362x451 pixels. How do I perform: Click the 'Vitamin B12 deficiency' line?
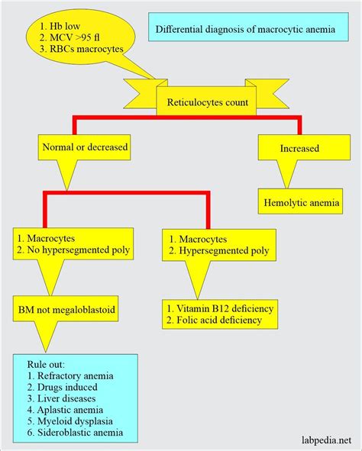[x=221, y=308]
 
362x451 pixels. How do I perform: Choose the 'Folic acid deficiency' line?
[x=218, y=321]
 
